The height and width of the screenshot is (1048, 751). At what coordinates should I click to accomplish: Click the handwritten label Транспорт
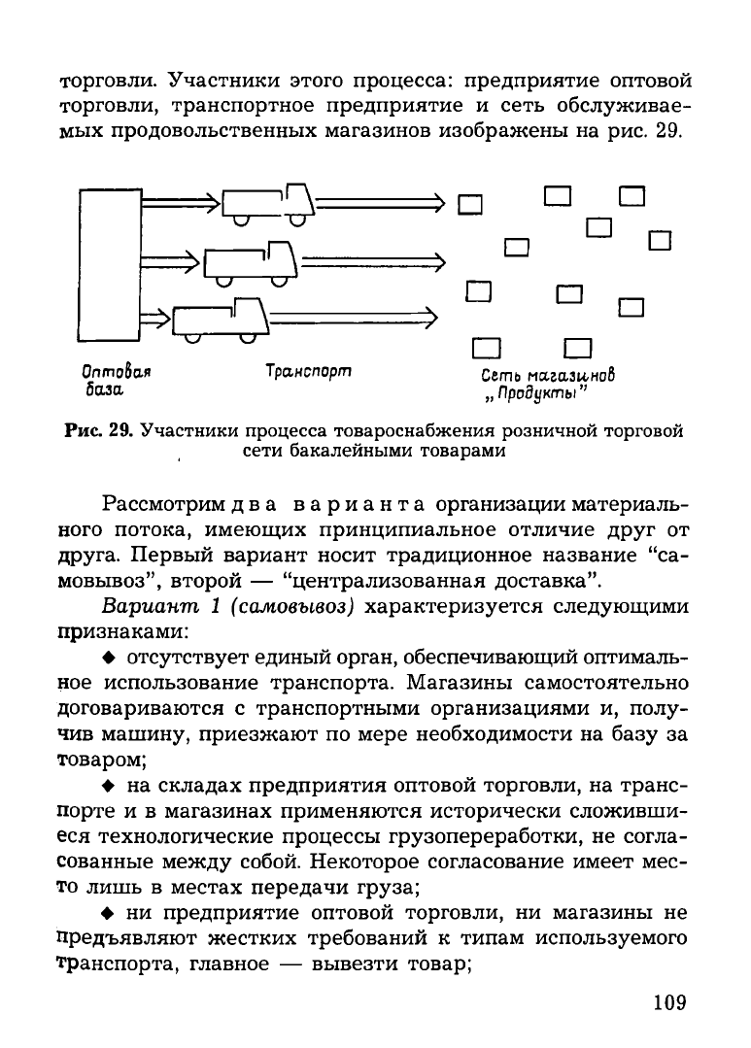pos(308,371)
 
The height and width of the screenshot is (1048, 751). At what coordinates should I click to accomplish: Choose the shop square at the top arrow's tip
pos(470,204)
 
